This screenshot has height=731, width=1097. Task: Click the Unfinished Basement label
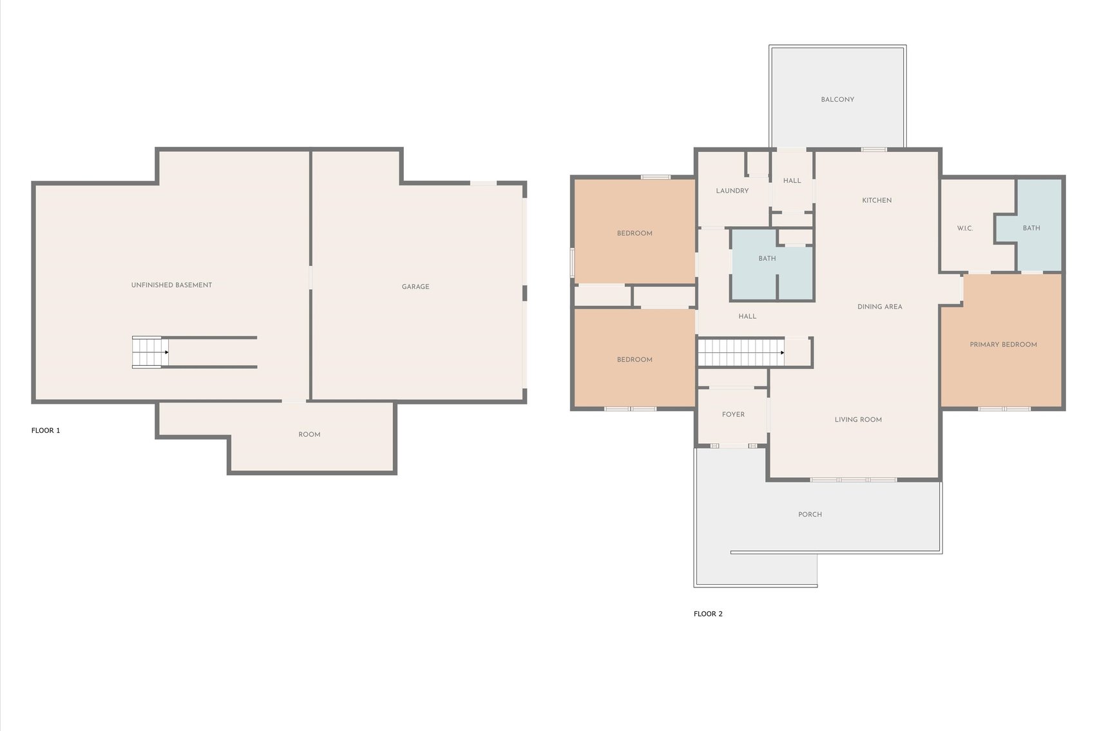[x=171, y=285]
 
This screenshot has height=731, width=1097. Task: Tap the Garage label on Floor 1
[x=415, y=287]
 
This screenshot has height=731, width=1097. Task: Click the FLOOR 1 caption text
[x=46, y=430]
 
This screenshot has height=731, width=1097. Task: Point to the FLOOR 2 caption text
[x=708, y=614]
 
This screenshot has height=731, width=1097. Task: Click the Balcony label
[x=837, y=100]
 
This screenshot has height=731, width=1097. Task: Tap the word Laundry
[x=732, y=191]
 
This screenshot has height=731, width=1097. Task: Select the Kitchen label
[x=877, y=200]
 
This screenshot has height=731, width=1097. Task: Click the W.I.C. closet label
[x=964, y=229]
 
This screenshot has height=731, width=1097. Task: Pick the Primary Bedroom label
[x=1003, y=345]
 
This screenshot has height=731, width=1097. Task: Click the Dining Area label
[x=879, y=307]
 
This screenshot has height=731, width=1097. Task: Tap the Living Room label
[x=858, y=419]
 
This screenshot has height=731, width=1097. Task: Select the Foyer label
[x=733, y=415]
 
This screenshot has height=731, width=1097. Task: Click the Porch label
[x=810, y=515]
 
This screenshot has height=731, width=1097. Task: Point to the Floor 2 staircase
[x=741, y=353]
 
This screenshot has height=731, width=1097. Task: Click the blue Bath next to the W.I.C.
[x=1031, y=228]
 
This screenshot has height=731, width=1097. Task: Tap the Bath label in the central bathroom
[x=767, y=258]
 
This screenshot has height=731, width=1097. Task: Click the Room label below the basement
[x=309, y=435]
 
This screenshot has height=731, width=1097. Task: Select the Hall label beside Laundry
[x=792, y=181]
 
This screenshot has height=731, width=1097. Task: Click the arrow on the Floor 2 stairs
[x=782, y=353]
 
